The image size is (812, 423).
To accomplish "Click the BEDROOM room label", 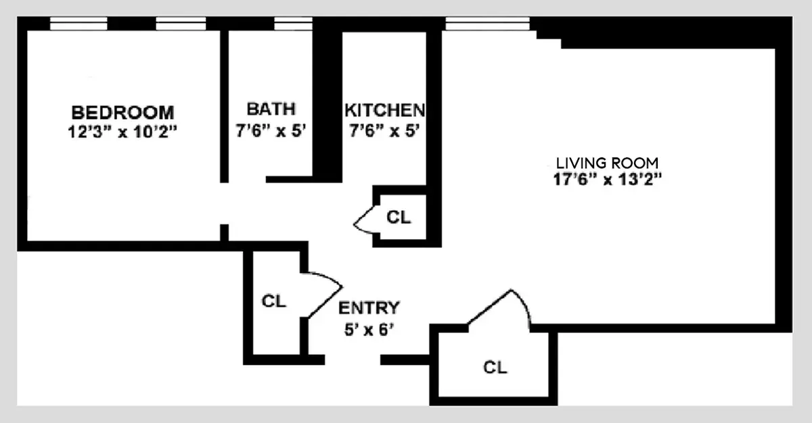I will [123, 111].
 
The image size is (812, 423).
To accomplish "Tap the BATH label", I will [271, 109].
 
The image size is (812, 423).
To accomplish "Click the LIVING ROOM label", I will [606, 163].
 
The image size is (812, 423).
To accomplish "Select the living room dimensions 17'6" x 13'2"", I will [606, 180].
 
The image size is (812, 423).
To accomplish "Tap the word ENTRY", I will [369, 308].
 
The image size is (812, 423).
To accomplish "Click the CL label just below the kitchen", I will [398, 218].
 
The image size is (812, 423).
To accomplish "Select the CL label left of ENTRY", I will [274, 301].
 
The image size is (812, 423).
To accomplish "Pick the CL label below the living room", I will [495, 368].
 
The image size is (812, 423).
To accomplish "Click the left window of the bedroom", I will [78, 24].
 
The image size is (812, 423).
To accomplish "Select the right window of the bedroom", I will [181, 24].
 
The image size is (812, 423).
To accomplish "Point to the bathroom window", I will [293, 24].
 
